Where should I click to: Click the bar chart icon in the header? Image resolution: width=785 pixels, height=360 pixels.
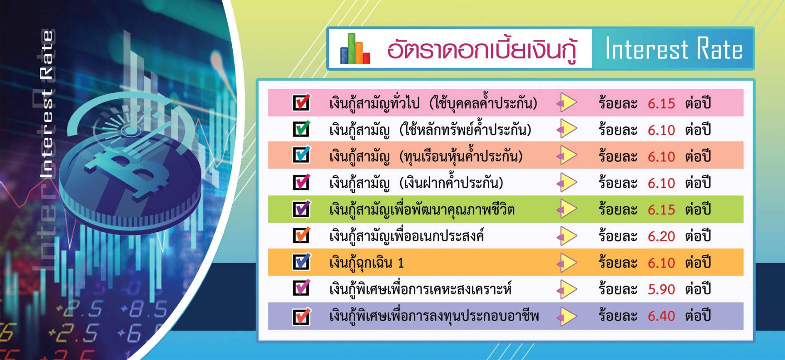355,49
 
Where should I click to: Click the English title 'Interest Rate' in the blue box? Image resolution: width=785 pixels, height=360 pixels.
674,49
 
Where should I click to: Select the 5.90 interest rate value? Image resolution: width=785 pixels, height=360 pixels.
661,289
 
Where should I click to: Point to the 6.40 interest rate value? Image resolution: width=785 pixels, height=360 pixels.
661,316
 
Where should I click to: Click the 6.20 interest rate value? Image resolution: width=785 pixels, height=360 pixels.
661,236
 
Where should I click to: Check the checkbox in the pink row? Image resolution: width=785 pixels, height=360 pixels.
302,102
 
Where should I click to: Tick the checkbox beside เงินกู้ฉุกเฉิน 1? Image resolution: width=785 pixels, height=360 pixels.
302,262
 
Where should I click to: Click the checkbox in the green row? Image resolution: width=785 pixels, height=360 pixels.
302,209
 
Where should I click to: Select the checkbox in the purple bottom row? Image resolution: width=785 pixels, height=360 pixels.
302,316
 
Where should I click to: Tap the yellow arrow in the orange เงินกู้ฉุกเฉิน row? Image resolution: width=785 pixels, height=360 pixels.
567,263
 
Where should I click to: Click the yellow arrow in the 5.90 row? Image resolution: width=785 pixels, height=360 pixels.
567,289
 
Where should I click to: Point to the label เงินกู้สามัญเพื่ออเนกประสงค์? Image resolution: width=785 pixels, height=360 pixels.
406,236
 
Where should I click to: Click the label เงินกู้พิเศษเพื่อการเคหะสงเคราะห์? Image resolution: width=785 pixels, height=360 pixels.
420,289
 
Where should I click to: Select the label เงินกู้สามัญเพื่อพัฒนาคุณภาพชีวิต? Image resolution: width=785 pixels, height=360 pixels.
422,209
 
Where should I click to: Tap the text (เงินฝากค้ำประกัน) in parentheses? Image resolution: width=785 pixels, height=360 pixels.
451,182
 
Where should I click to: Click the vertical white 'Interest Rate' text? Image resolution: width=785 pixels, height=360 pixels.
47,104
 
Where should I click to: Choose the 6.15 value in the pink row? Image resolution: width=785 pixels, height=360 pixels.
661,103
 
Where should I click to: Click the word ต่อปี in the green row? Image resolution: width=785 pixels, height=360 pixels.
698,209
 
